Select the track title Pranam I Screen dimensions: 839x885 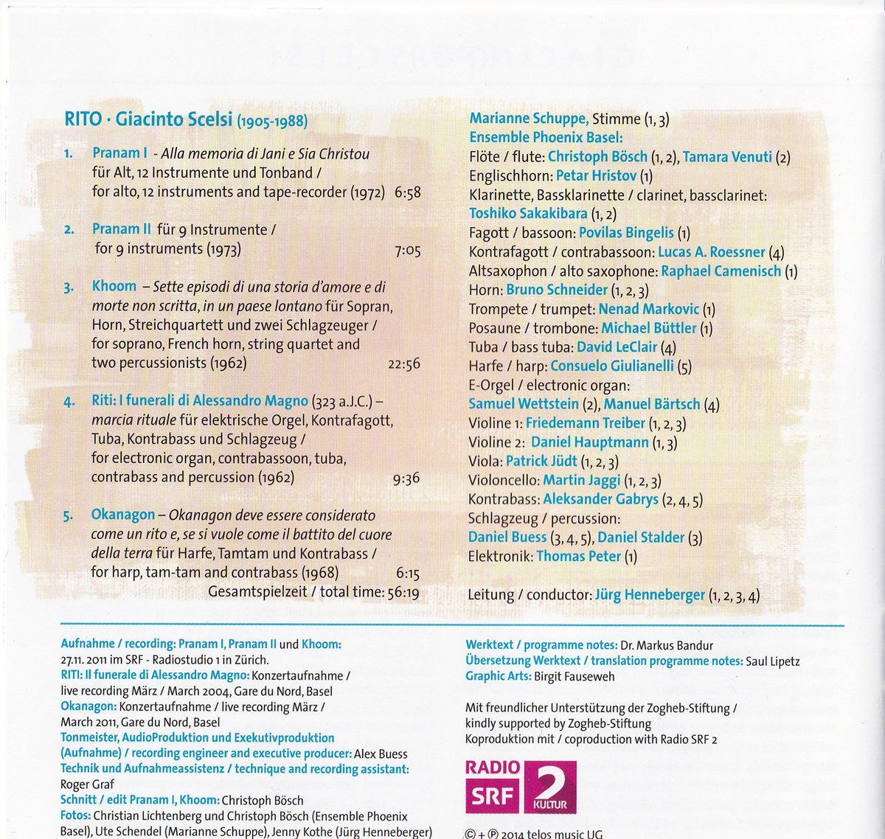119,153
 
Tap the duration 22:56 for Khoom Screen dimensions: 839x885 403,364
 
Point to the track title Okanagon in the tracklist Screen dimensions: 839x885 123,515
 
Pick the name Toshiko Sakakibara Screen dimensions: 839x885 528,214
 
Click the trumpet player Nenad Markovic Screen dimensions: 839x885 648,309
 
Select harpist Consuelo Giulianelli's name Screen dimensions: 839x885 611,366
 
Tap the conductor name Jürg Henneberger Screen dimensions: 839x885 650,595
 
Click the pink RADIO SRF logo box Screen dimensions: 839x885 492,785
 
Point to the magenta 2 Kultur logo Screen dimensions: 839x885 549,786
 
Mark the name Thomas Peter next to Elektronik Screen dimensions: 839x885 578,557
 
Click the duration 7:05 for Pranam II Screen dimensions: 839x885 407,251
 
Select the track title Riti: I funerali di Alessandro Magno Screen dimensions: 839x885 200,401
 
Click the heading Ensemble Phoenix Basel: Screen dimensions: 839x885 546,137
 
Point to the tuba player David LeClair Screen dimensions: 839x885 617,347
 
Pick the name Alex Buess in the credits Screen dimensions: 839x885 381,753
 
